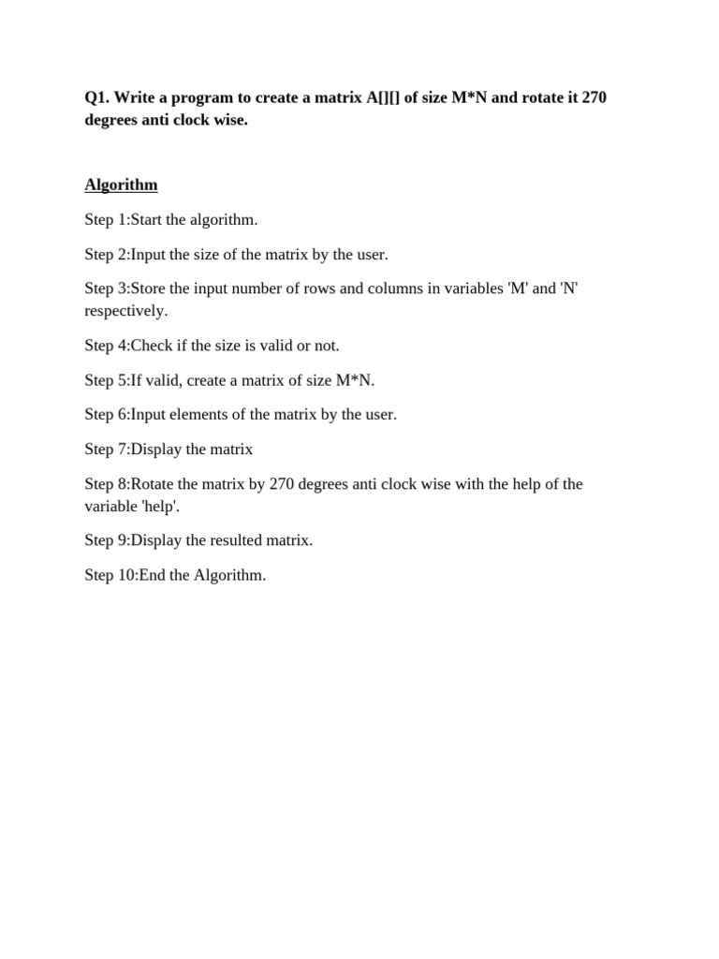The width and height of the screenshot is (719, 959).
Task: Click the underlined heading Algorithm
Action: [121, 184]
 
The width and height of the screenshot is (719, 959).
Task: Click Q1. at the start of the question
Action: [97, 97]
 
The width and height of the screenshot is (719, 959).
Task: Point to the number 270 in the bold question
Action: [594, 97]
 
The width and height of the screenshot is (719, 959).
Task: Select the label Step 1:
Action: [107, 219]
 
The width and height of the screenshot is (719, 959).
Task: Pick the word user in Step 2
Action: [369, 254]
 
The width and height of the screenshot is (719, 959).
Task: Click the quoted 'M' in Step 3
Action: [517, 288]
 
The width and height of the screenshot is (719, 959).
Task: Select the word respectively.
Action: [125, 311]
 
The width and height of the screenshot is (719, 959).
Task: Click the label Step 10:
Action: [110, 575]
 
